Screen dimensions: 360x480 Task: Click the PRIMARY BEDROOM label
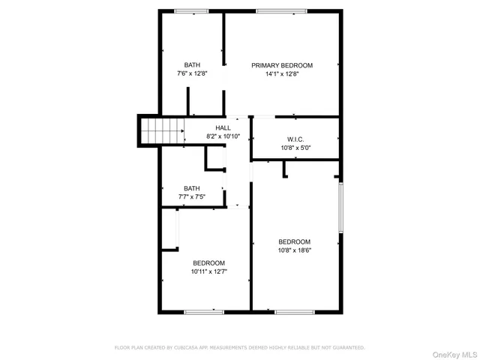[x=282, y=65]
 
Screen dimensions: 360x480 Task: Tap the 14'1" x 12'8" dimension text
[x=282, y=74]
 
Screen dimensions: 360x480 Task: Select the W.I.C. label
[x=295, y=139]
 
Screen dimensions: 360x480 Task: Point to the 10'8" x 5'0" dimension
[x=295, y=148]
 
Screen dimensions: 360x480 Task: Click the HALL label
[x=223, y=127]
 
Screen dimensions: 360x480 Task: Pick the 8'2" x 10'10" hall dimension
[x=223, y=136]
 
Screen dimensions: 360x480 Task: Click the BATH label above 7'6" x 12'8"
[x=192, y=64]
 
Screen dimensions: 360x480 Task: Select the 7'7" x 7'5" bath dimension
[x=192, y=196]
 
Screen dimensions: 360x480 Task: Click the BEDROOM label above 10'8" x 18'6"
[x=295, y=241]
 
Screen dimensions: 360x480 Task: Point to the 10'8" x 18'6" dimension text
[x=295, y=250]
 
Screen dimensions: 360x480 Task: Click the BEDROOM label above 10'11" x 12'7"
[x=208, y=262]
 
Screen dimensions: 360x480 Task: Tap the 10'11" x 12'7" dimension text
[x=208, y=271]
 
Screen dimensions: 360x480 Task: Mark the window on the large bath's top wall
[x=190, y=10]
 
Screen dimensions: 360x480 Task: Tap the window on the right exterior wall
[x=341, y=208]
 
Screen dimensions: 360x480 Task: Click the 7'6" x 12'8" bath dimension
[x=192, y=73]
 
